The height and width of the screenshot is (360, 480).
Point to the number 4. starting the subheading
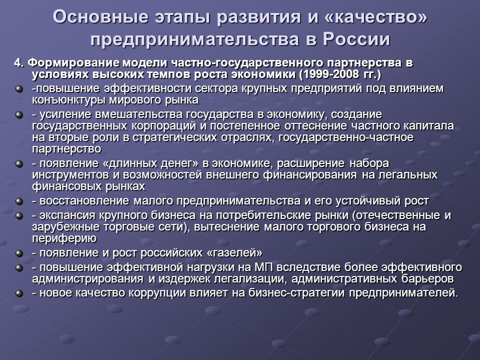18,63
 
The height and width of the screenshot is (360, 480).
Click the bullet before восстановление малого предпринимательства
19,201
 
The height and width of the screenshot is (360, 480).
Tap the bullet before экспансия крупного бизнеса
19,216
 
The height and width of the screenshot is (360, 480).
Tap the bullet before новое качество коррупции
19,293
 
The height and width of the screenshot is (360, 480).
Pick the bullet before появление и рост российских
19,253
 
